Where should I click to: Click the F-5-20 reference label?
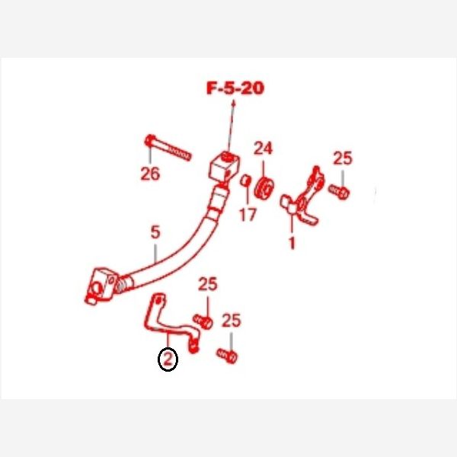click(235, 88)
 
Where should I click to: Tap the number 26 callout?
click(150, 174)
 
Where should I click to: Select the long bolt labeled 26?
click(168, 148)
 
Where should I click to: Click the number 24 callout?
click(263, 149)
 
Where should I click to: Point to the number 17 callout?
click(248, 215)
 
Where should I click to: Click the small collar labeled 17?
click(244, 181)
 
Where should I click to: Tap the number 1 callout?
click(292, 243)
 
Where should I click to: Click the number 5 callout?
click(155, 232)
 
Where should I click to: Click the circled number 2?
click(168, 360)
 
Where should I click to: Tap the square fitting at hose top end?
click(225, 168)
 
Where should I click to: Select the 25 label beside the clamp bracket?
click(343, 158)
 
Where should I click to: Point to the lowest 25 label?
click(232, 321)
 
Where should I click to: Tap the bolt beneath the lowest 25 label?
click(227, 356)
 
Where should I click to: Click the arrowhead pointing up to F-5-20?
click(233, 103)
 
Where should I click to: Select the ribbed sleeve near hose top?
click(218, 203)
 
